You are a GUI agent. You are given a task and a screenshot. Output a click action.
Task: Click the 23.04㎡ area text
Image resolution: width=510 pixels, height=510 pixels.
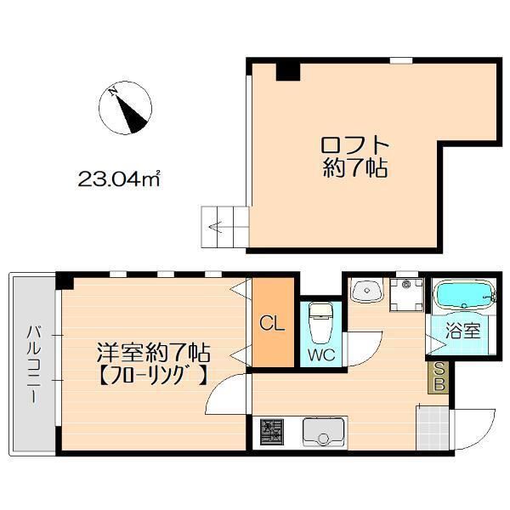click(x=120, y=179)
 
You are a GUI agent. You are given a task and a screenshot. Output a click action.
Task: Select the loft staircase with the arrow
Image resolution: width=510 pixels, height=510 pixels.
click(x=224, y=227)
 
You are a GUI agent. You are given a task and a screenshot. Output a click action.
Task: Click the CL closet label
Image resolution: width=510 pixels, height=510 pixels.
click(x=273, y=324)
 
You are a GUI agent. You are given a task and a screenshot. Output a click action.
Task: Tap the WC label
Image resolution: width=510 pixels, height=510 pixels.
click(x=320, y=353)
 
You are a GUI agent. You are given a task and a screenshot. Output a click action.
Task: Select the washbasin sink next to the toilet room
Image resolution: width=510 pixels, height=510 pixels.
click(x=368, y=292)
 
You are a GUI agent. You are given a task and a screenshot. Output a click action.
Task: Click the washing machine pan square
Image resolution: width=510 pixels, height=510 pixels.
click(x=408, y=293)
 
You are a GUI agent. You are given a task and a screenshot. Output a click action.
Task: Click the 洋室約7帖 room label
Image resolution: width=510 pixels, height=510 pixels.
click(x=153, y=350)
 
